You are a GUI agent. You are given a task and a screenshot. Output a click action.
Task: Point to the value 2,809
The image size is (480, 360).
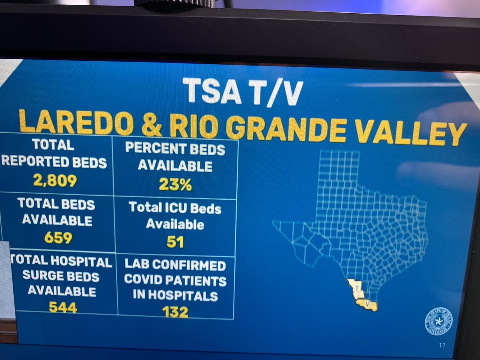tap(55, 181)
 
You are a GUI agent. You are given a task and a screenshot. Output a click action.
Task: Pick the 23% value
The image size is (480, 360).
tap(175, 184)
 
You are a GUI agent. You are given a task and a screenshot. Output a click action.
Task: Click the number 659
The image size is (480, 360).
tap(58, 238)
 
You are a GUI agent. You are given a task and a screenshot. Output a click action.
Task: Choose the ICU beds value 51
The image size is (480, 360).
tap(175, 242)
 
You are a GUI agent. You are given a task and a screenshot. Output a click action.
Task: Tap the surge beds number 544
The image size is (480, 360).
tap(63, 307)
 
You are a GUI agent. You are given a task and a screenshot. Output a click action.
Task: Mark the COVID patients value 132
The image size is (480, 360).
tap(175, 312)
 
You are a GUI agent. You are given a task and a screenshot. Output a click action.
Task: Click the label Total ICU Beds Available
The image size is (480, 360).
tap(175, 216)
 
